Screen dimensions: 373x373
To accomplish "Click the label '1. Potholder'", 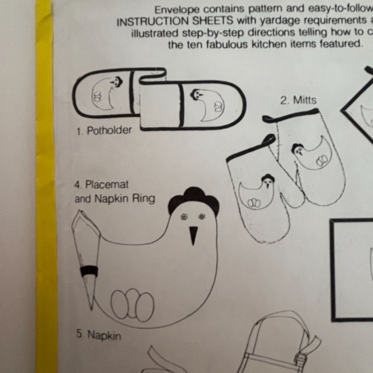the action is click(x=104, y=131).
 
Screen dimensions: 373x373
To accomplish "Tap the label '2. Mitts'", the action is click(x=298, y=100).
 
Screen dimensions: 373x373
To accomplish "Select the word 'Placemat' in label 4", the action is click(x=107, y=185).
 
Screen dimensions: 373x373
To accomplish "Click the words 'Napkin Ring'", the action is click(x=125, y=199).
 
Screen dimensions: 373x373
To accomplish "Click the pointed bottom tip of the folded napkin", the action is click(x=91, y=309).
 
